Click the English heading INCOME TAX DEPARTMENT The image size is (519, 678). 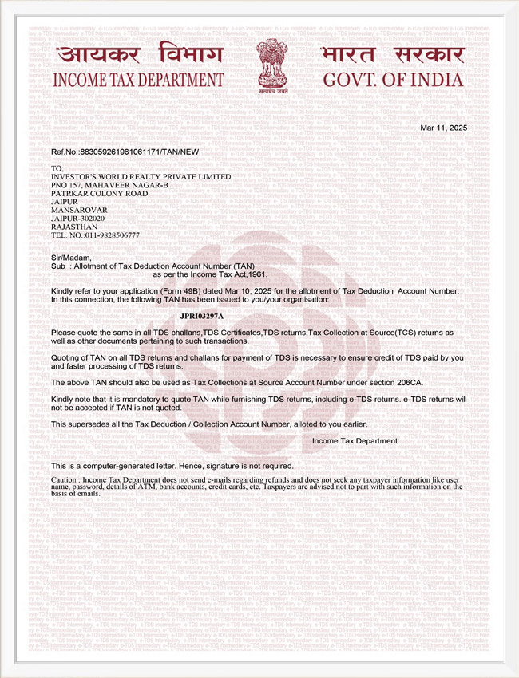pyautogui.click(x=138, y=81)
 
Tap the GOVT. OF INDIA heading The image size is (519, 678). pyautogui.click(x=392, y=81)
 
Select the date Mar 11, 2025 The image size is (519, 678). pyautogui.click(x=443, y=128)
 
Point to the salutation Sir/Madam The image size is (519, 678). pyautogui.click(x=71, y=257)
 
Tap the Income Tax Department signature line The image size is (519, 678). pyautogui.click(x=355, y=440)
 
